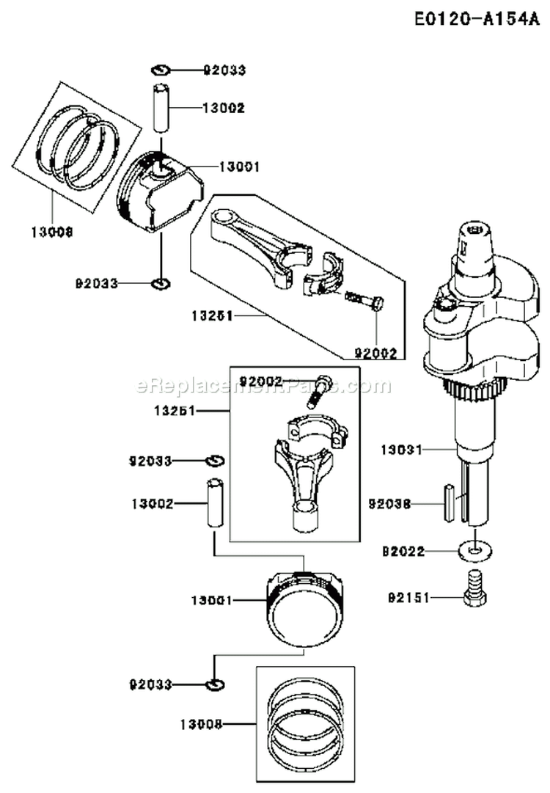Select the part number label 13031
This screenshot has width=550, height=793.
pyautogui.click(x=401, y=449)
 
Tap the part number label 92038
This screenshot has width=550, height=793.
pyautogui.click(x=389, y=504)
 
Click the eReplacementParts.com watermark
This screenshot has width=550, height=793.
pyautogui.click(x=264, y=386)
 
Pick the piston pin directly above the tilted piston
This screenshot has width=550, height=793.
pyautogui.click(x=161, y=109)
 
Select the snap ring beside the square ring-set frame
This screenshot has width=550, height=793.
pyautogui.click(x=215, y=684)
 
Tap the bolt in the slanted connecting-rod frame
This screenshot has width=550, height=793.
pyautogui.click(x=364, y=300)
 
